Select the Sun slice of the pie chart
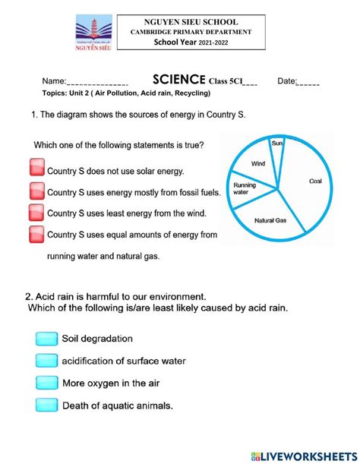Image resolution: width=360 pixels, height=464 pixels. (x=276, y=148)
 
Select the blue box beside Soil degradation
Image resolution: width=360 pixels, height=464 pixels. (x=46, y=339)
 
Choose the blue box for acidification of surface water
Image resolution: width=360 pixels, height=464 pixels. (x=46, y=361)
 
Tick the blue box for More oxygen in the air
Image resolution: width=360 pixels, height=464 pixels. (x=46, y=383)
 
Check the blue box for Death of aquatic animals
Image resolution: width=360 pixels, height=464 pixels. (x=46, y=406)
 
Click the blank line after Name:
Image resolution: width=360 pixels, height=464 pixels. (x=97, y=82)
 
